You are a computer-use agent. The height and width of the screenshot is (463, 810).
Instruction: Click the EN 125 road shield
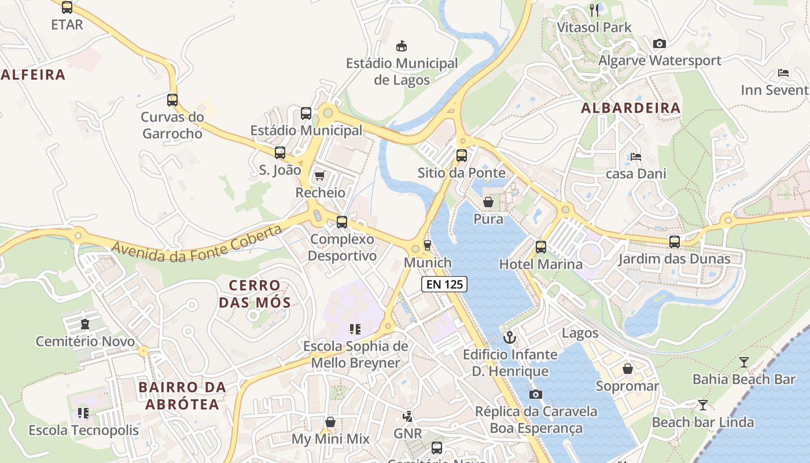coord(444,284)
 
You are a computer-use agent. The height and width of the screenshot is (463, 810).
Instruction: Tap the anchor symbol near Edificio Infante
coord(510,337)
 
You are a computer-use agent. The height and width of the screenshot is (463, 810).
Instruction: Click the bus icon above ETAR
coord(67,8)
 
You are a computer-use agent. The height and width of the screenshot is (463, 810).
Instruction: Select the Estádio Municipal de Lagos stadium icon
coord(401,46)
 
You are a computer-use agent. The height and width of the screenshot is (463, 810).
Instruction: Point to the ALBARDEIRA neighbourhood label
coord(631,108)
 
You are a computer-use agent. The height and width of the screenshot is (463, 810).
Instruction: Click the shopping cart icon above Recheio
coord(319,175)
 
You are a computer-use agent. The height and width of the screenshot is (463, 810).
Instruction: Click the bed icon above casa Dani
coord(636,156)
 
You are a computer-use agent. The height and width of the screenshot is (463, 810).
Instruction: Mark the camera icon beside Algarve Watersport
coord(659,43)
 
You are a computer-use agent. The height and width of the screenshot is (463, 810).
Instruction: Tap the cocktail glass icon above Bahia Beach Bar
coord(744,362)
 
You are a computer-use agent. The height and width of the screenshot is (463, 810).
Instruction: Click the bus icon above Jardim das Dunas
coord(675,242)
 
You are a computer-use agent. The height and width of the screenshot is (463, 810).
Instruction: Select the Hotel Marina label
coord(541,264)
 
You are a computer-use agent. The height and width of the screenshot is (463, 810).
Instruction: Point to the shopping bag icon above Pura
coord(488,202)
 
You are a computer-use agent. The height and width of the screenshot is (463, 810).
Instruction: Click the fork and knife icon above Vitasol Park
coord(594,10)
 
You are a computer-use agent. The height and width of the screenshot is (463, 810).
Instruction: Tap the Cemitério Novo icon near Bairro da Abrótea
coord(86,324)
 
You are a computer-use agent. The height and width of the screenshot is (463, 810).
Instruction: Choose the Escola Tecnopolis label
coord(84,430)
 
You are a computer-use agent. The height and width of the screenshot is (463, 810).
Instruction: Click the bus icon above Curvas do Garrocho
coord(172,100)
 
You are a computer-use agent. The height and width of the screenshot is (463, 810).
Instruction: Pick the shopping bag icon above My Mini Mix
coord(330,422)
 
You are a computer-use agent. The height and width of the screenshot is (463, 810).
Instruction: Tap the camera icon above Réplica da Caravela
coord(536,394)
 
